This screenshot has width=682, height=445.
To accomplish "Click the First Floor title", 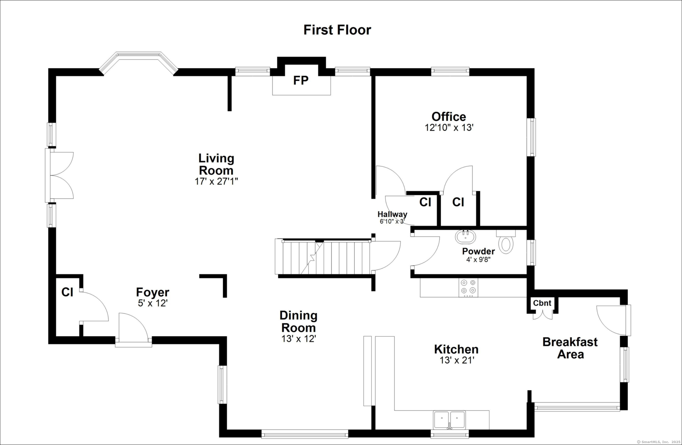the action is [337, 30].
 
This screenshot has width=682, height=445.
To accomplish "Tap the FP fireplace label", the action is [301, 81].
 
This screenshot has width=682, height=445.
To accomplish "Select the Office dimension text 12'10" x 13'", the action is [449, 128].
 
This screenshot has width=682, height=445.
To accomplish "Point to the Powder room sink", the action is [465, 236].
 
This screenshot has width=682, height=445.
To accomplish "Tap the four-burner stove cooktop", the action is [468, 288].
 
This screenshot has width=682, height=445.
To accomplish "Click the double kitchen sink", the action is [449, 420].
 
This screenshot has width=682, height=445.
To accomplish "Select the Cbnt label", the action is [542, 303].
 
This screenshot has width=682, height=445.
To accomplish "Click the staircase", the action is [322, 256].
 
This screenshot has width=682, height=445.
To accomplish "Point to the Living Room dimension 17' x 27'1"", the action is [216, 182].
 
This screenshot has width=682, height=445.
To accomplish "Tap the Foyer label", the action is [153, 292].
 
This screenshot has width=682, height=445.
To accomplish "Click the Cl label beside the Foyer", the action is [67, 292].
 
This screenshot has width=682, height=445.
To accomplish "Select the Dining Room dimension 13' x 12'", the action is [299, 339].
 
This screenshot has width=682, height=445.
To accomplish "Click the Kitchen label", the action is [456, 349].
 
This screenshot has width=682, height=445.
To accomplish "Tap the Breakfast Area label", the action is [570, 348].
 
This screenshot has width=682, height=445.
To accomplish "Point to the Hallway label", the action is [392, 214].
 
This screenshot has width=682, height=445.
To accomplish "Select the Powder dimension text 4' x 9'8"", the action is [479, 260].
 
